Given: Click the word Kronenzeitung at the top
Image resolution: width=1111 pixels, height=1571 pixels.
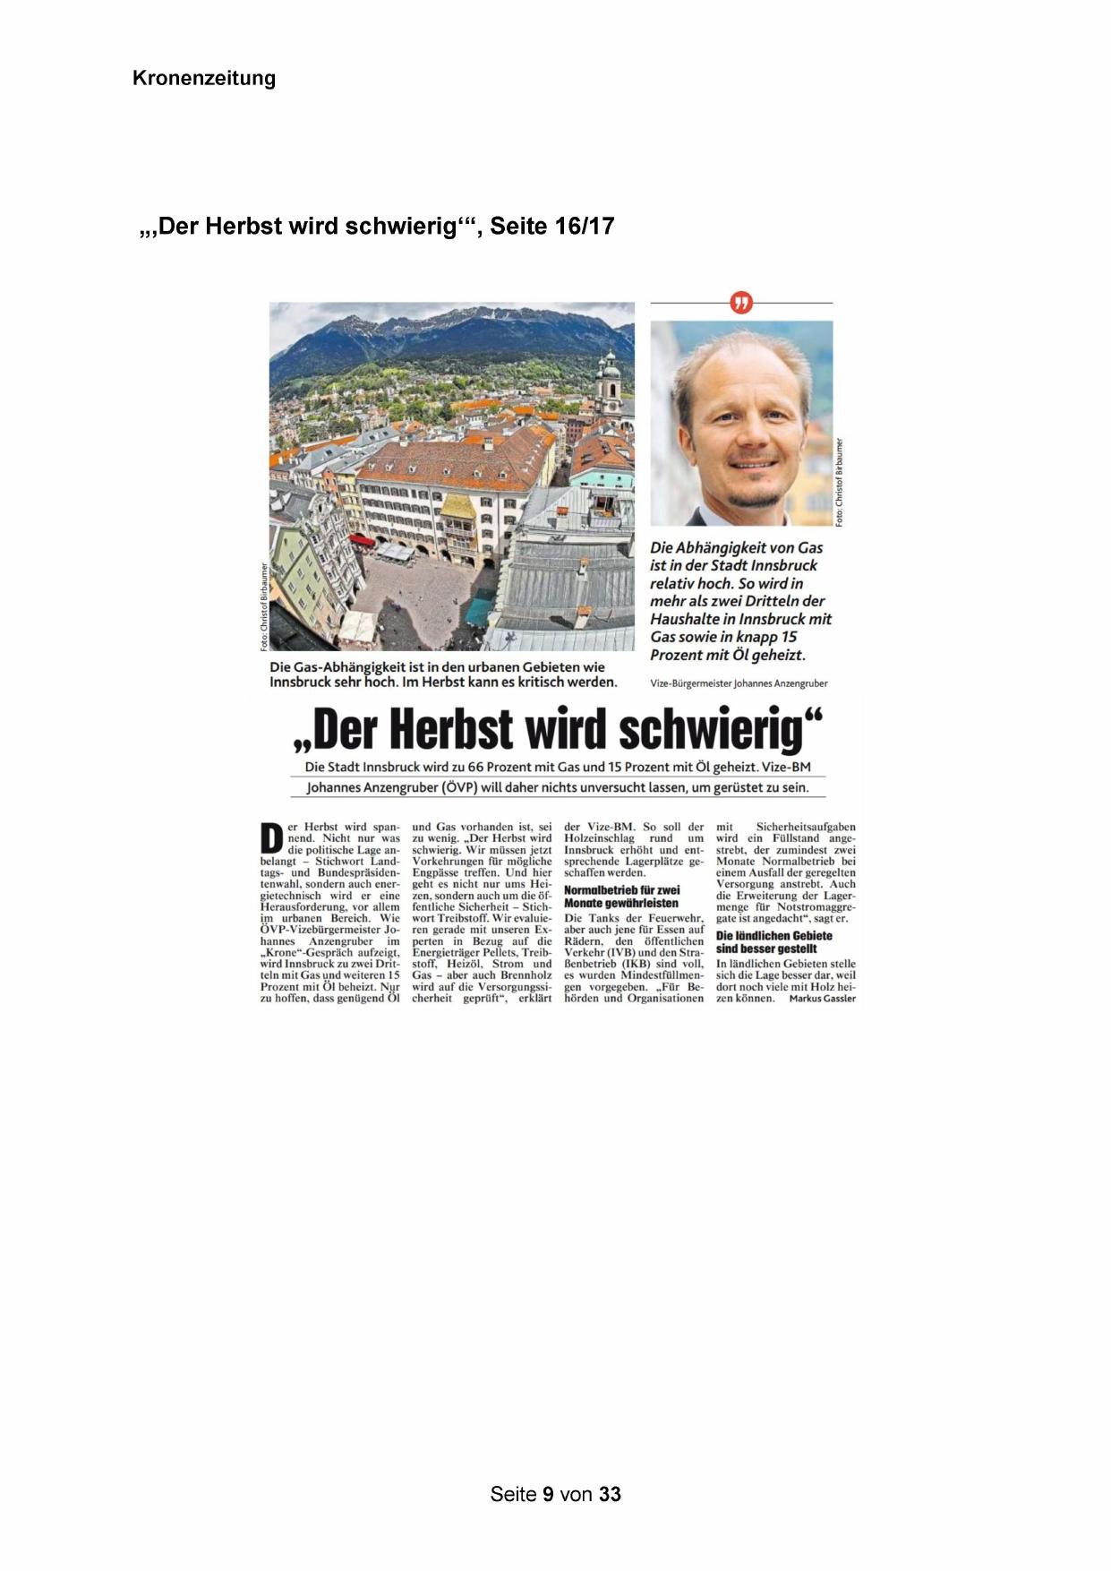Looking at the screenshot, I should click(x=203, y=78).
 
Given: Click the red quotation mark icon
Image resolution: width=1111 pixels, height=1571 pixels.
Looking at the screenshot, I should click(x=741, y=303).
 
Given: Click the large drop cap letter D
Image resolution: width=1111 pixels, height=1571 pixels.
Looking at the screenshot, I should click(x=270, y=837).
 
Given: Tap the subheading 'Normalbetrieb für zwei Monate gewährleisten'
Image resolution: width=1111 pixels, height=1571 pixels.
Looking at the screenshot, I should click(x=621, y=897).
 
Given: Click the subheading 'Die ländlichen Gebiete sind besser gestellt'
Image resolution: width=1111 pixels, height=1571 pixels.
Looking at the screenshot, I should click(x=774, y=942).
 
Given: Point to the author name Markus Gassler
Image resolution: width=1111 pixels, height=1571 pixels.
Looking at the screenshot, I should click(x=822, y=999).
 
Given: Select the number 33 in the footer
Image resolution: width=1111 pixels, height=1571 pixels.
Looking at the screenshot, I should click(x=610, y=1494).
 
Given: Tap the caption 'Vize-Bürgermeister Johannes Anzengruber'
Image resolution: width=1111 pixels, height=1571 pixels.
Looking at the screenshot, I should click(x=739, y=683).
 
